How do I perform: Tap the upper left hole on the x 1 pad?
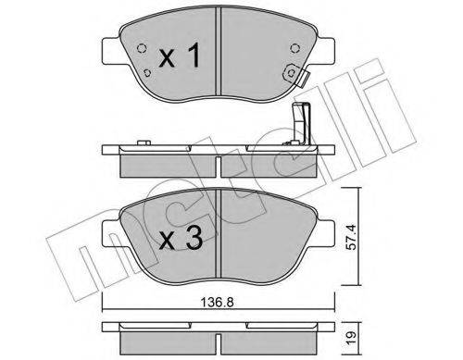tap(141, 51)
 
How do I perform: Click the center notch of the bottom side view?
tap(218, 340)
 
